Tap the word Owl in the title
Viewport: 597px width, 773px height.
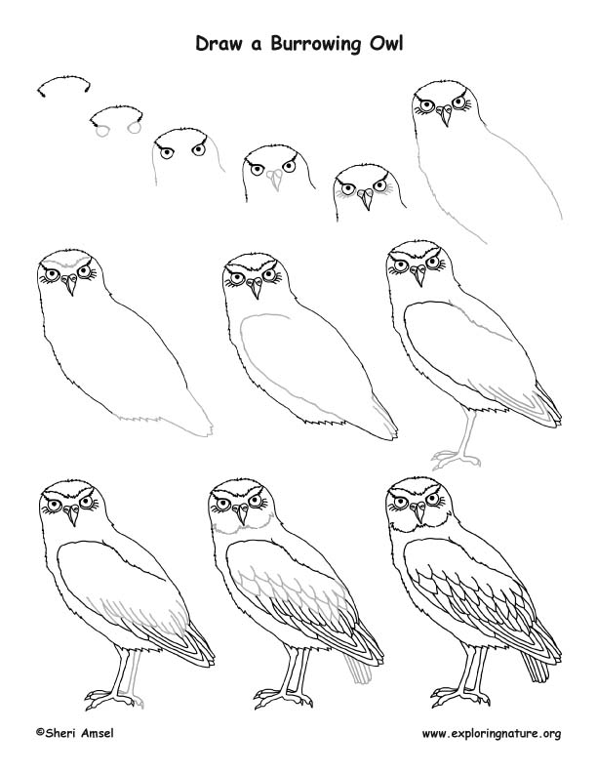pyautogui.click(x=382, y=44)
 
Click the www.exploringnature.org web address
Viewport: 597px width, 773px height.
pyautogui.click(x=490, y=733)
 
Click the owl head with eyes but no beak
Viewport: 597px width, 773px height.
pyautogui.click(x=181, y=151)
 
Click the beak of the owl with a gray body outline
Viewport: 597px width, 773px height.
pyautogui.click(x=444, y=118)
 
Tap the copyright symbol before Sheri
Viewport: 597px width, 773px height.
pyautogui.click(x=40, y=732)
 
